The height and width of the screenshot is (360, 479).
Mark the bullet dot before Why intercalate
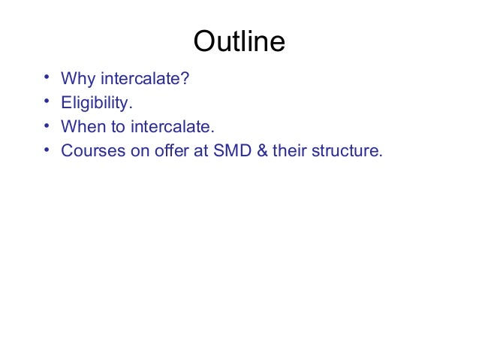(x=47, y=77)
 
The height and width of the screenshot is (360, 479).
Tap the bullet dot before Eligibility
(x=47, y=101)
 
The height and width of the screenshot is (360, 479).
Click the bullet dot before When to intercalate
(x=47, y=126)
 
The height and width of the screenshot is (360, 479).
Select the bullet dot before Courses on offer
(x=47, y=150)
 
